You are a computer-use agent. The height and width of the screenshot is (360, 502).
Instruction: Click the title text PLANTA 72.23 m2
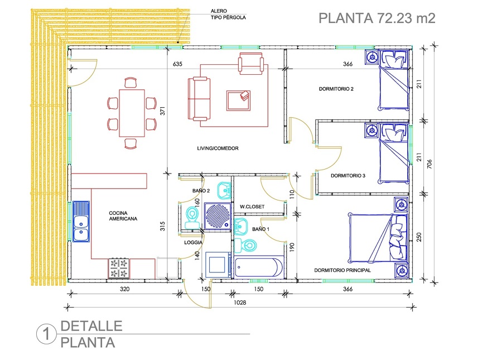(x=376, y=18)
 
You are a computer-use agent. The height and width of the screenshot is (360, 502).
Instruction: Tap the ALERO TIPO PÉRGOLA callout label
(x=228, y=14)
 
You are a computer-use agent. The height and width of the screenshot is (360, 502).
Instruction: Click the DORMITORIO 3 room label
(x=347, y=175)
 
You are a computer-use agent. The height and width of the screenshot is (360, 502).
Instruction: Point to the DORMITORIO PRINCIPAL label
(x=342, y=270)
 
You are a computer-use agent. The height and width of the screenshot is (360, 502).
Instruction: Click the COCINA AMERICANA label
(x=123, y=216)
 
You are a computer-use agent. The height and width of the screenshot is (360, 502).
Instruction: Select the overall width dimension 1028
(x=240, y=304)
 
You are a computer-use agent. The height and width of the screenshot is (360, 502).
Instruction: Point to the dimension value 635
(x=178, y=64)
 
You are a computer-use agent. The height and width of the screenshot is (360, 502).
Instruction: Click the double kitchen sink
(x=81, y=222)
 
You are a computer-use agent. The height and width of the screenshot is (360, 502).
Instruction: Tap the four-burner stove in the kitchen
(x=119, y=268)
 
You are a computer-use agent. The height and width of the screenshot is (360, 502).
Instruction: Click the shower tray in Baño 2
(x=216, y=215)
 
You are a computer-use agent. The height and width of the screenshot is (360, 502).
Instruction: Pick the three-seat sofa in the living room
(x=199, y=99)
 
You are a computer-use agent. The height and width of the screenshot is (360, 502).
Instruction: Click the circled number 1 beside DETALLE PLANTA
(x=46, y=334)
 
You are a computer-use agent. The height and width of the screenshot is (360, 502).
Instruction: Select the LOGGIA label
(x=193, y=243)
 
